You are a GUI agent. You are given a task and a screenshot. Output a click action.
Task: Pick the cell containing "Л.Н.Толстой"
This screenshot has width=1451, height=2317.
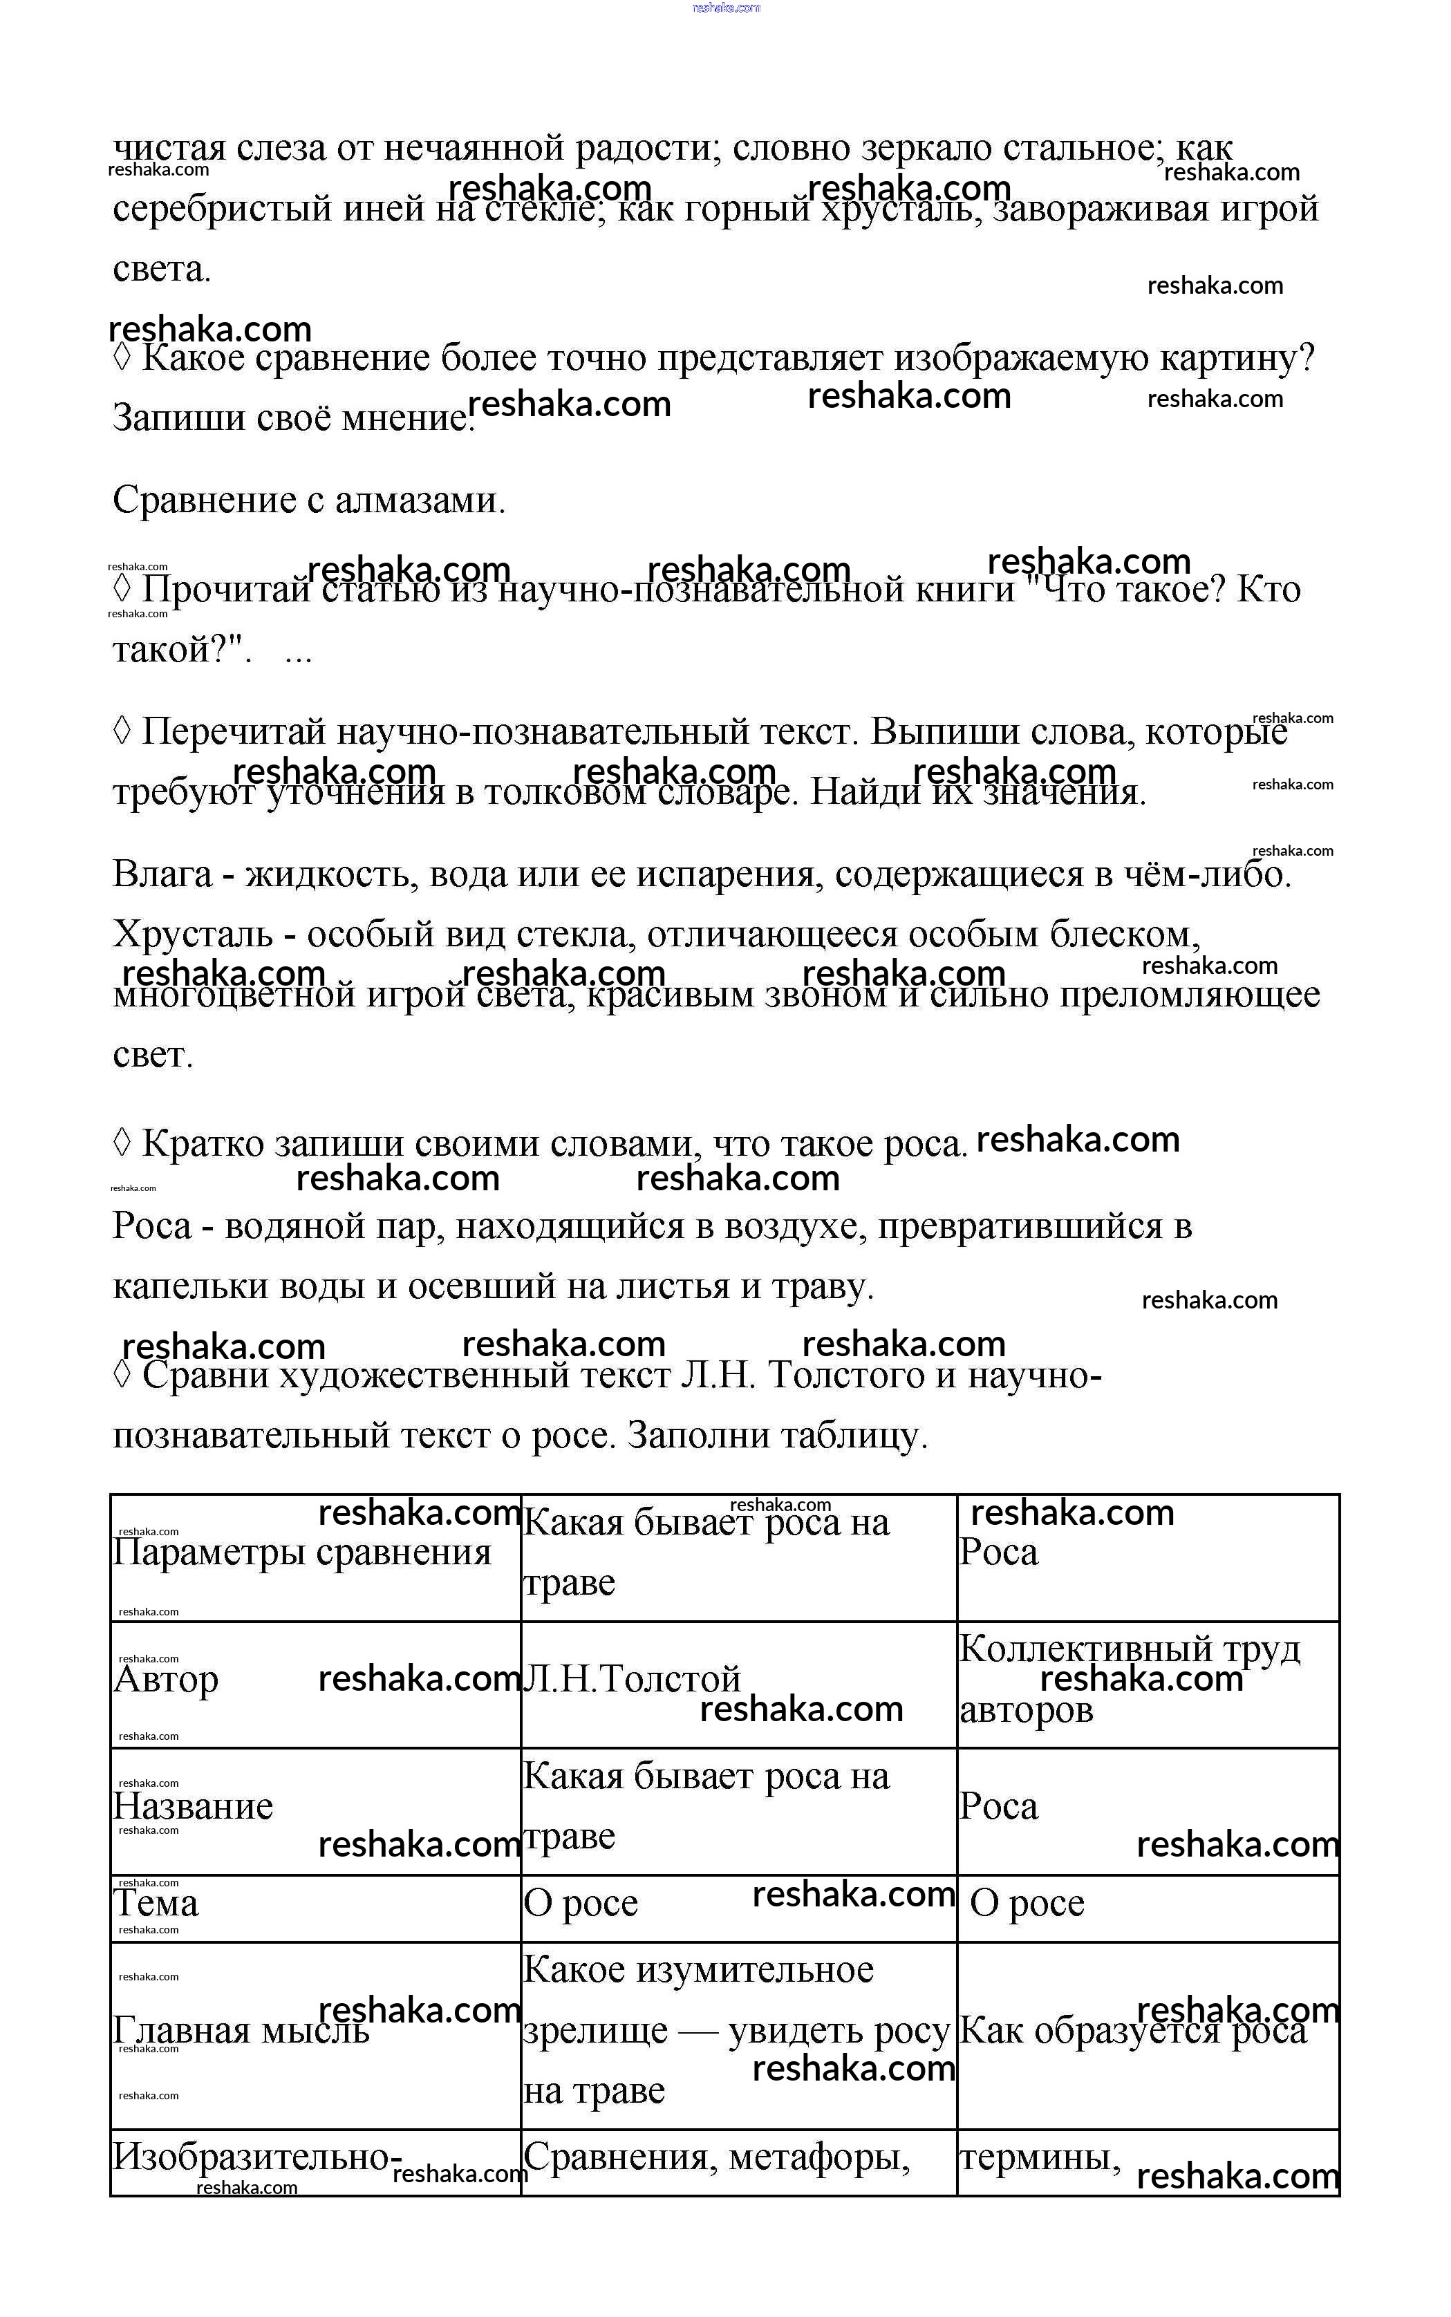tap(631, 1679)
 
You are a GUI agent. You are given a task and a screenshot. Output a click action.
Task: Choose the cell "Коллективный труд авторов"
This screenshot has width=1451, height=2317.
tap(1130, 1679)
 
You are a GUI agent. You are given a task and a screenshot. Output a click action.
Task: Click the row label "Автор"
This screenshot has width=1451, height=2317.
tap(166, 1679)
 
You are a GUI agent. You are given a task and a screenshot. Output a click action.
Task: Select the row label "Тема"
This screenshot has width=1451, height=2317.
tap(156, 1902)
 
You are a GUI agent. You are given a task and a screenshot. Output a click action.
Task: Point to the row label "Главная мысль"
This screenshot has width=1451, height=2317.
tap(241, 2030)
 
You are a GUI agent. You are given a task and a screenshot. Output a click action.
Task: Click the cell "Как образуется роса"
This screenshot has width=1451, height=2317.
tap(1132, 2030)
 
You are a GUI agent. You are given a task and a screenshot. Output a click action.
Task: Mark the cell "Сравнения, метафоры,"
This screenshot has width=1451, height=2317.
tap(716, 2157)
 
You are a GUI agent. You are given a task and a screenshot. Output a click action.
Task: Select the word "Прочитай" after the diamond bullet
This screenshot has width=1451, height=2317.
tap(227, 589)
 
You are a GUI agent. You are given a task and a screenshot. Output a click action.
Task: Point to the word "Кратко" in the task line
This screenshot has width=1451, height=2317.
tap(203, 1143)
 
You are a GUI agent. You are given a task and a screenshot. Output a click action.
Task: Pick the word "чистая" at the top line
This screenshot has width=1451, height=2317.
tap(170, 148)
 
